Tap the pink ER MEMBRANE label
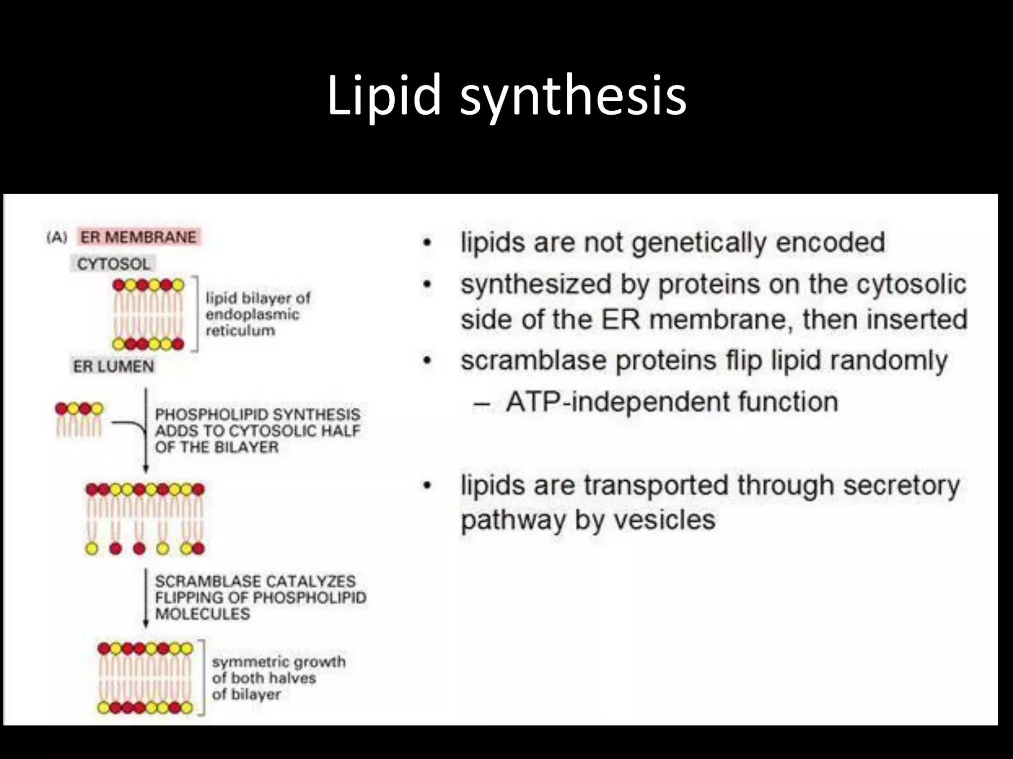(x=138, y=237)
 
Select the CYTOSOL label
(x=113, y=264)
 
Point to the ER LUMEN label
(x=114, y=367)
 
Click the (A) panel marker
(x=57, y=238)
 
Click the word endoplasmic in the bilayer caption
(x=252, y=314)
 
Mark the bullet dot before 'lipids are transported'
(x=427, y=486)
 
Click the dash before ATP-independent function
(x=481, y=403)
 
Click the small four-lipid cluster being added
(x=79, y=420)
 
